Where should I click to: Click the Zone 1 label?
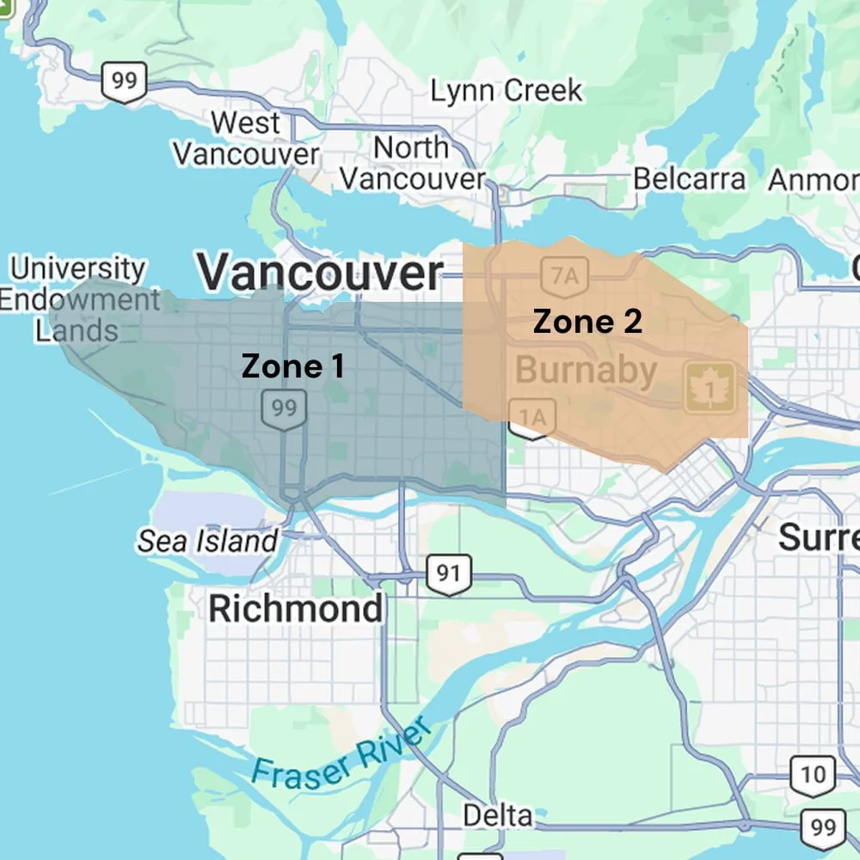pos(293,366)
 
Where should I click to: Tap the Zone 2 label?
pos(587,322)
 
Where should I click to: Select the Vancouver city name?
pos(321,273)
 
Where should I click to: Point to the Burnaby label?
pos(586,371)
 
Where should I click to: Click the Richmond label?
pos(296,609)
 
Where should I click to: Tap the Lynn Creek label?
pos(506,90)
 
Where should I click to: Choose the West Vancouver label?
pos(246,138)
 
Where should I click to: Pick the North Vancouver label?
pos(412,163)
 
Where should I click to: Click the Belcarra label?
pos(689,179)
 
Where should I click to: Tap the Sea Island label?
pos(207,541)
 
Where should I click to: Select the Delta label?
pos(498,814)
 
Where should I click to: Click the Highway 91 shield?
pos(448,573)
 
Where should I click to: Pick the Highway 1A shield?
pos(532,419)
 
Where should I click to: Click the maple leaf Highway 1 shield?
pos(710,388)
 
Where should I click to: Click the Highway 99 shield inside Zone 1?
pos(284,408)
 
